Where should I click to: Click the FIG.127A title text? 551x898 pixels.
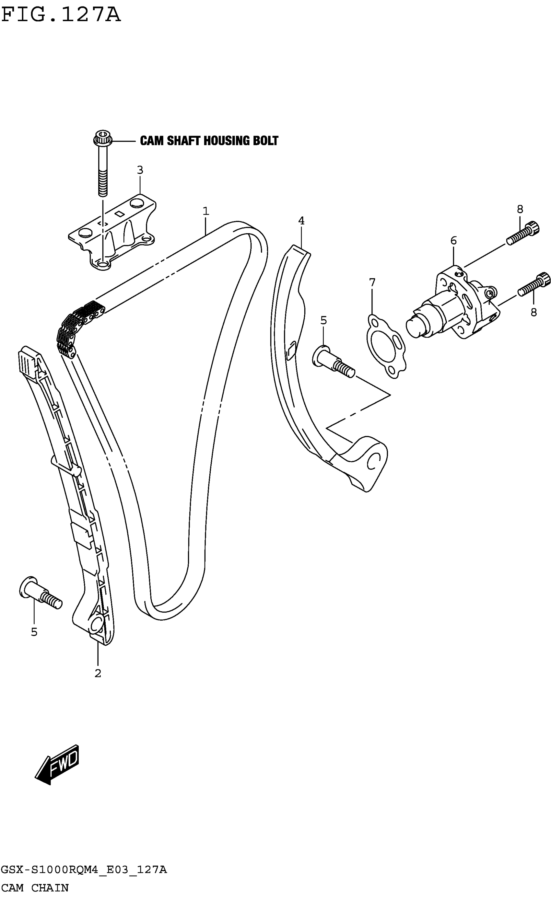(61, 15)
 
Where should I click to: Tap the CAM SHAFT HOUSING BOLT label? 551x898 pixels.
(209, 141)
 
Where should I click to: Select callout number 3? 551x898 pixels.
(140, 170)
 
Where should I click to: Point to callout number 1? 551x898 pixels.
(206, 211)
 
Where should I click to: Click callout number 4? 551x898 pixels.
(301, 221)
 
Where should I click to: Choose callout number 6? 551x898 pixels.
(453, 240)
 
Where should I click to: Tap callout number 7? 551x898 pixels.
(372, 282)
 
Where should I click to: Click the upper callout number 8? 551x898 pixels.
(520, 209)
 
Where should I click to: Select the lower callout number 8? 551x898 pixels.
(533, 312)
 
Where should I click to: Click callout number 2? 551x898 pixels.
(98, 673)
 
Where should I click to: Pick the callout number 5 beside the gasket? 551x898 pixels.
(323, 320)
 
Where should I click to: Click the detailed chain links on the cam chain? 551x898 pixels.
(78, 326)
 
